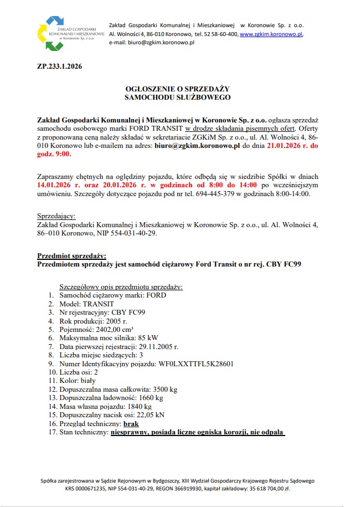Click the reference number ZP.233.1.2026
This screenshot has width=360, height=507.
(59, 67)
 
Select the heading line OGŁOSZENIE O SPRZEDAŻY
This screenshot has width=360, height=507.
(177, 88)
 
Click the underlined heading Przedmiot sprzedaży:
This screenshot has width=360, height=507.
(71, 255)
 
